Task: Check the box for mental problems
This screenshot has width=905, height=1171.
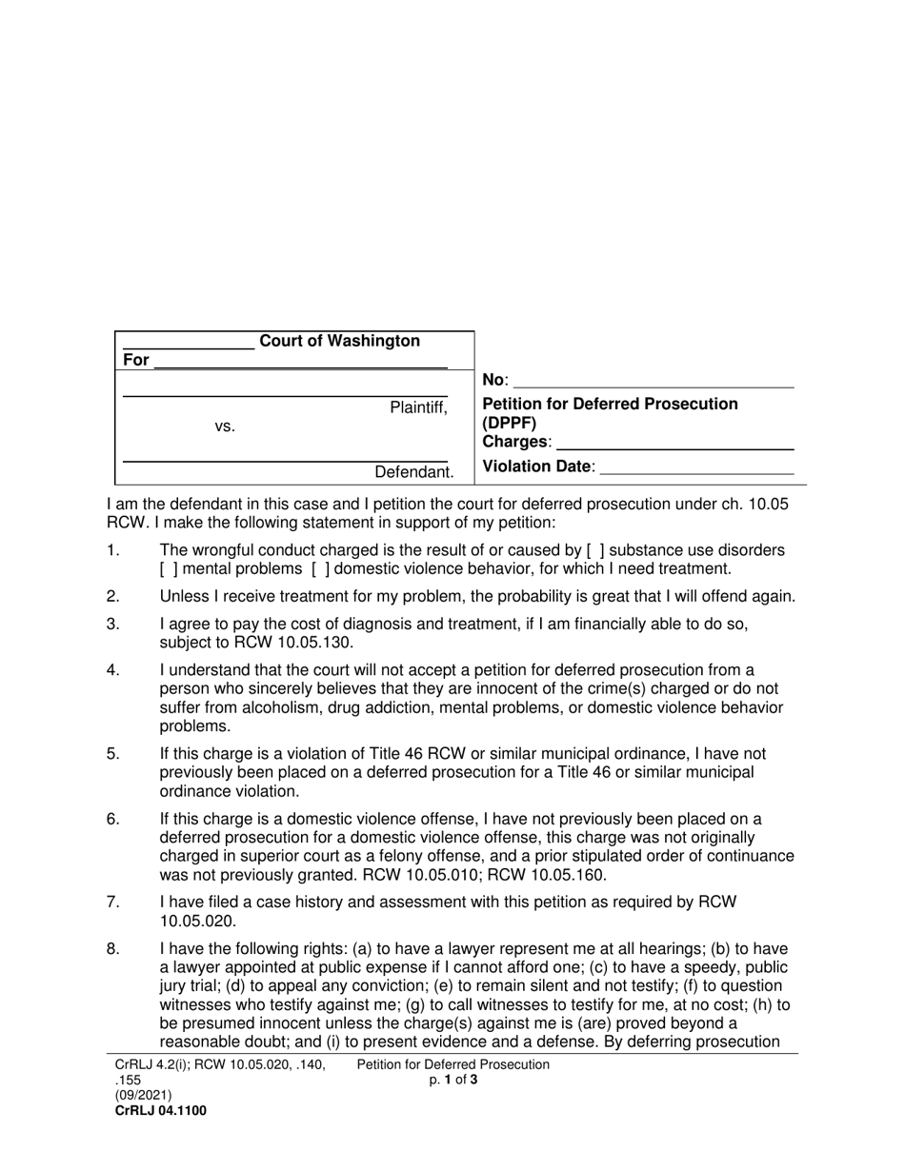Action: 169,569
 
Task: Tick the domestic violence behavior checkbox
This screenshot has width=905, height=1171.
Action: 321,569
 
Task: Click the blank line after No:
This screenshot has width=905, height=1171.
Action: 654,381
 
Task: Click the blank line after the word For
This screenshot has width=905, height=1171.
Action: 300,361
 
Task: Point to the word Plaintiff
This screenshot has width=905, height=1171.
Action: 417,408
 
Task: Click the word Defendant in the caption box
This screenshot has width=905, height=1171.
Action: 412,472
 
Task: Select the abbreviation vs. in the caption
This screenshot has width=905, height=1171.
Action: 225,427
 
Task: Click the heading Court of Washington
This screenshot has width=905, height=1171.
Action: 339,341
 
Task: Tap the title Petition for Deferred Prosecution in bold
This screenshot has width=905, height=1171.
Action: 610,404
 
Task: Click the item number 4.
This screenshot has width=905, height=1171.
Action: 113,669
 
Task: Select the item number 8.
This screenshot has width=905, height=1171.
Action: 113,949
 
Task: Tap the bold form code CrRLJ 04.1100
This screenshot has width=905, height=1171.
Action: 160,1110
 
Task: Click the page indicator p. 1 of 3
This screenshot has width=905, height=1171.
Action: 452,1080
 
